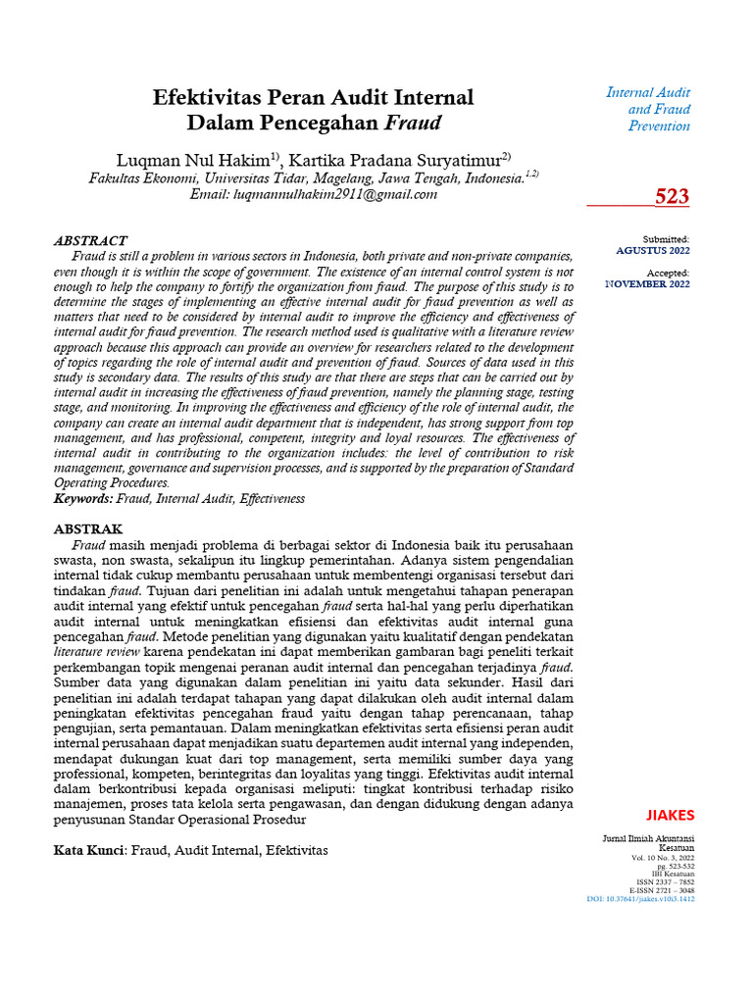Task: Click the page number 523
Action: pyautogui.click(x=672, y=197)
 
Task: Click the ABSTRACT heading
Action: pyautogui.click(x=90, y=240)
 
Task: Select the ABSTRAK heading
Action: pyautogui.click(x=87, y=528)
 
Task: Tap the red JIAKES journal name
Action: pyautogui.click(x=671, y=815)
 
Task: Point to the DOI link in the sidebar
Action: pyautogui.click(x=640, y=898)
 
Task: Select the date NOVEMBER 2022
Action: pyautogui.click(x=647, y=283)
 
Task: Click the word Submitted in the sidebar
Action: pyautogui.click(x=666, y=239)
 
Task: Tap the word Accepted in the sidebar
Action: pyautogui.click(x=668, y=273)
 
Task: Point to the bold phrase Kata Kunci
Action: pyautogui.click(x=89, y=850)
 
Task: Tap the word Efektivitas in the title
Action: pyautogui.click(x=208, y=97)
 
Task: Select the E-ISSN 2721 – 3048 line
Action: pyautogui.click(x=662, y=890)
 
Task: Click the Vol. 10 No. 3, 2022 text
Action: pyautogui.click(x=663, y=858)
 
